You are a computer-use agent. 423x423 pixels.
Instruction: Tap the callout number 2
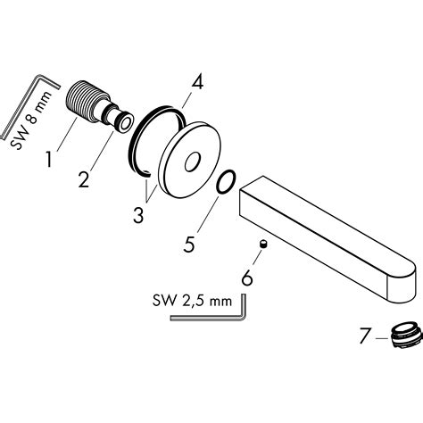(x=83, y=178)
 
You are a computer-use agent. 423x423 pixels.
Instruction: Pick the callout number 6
(x=246, y=278)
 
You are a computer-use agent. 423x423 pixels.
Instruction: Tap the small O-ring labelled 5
(x=227, y=184)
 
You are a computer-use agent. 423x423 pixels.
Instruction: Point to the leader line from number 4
(x=187, y=98)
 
